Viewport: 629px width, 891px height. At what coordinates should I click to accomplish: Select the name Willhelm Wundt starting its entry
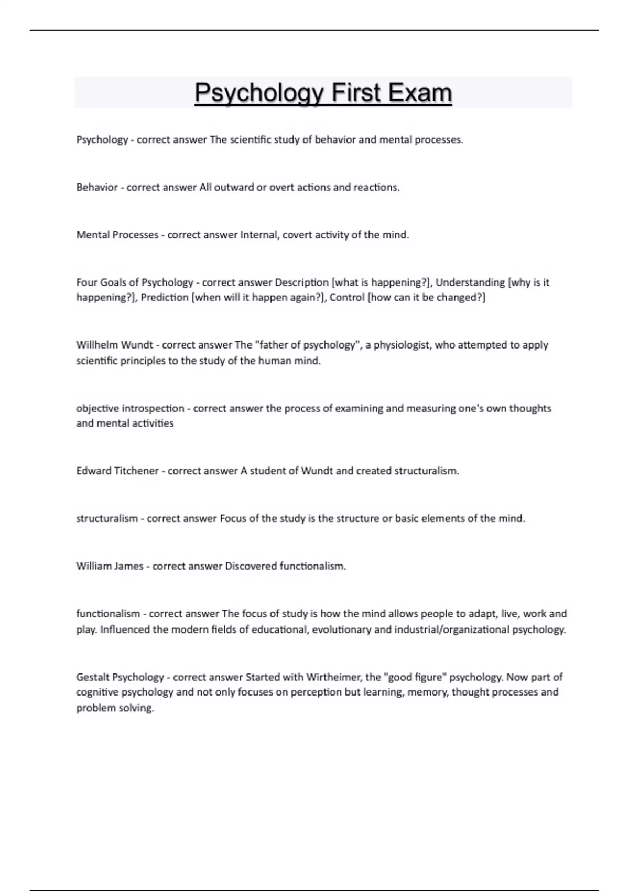tap(115, 345)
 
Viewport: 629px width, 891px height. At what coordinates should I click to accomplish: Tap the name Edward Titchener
tap(117, 471)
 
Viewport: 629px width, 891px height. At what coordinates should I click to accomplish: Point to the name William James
tap(110, 566)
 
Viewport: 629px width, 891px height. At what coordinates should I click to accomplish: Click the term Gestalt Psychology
tap(120, 677)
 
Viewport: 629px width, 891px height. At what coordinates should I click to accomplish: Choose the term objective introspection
tap(130, 408)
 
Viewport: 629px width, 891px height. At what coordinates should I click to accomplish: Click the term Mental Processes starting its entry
tap(117, 235)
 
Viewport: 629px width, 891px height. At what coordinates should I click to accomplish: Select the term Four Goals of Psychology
tap(135, 282)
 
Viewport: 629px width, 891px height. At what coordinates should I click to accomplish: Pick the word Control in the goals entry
tap(347, 297)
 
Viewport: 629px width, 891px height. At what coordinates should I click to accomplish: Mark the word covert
tap(297, 235)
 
